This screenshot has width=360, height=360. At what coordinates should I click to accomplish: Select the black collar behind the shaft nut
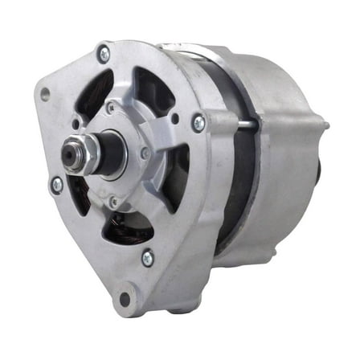[x=103, y=153]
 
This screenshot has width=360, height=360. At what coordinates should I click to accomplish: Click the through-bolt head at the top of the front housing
[x=104, y=54]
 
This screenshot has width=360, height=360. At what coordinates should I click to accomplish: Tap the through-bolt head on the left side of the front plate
[x=56, y=184]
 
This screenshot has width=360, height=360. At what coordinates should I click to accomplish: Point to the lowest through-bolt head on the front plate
[x=147, y=257]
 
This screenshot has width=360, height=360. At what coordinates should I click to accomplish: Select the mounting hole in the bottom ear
[x=125, y=299]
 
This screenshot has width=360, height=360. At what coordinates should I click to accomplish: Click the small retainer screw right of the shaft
[x=145, y=153]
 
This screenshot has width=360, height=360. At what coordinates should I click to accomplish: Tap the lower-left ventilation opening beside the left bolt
[x=77, y=193]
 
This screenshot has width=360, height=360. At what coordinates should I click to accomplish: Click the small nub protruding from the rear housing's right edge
[x=325, y=126]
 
